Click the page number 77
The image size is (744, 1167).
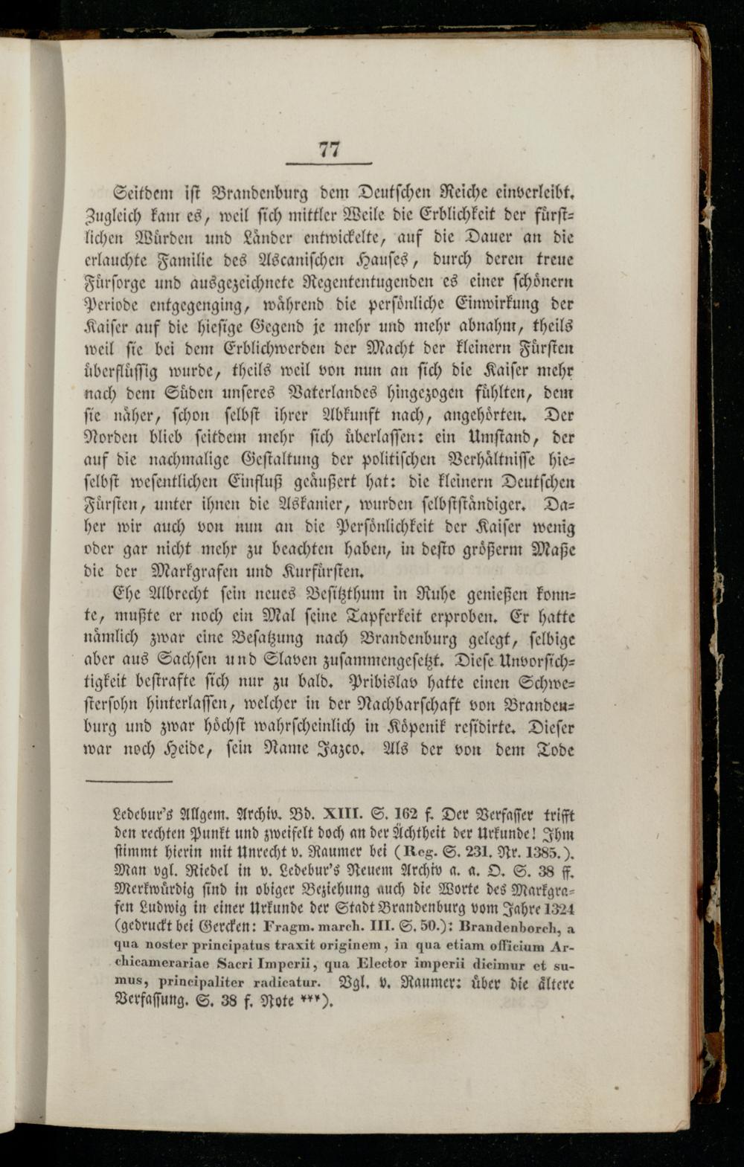[329, 149]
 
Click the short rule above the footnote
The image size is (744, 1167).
[129, 782]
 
